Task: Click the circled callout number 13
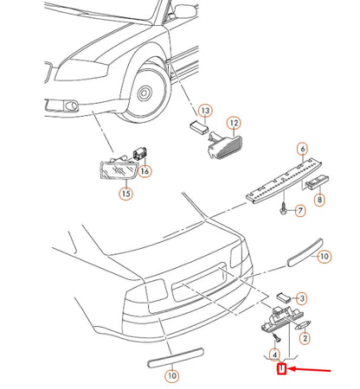(x=205, y=111)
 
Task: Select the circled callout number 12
(x=234, y=123)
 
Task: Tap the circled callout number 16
(x=145, y=171)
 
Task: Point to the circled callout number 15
(x=126, y=193)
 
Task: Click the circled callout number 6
(x=303, y=149)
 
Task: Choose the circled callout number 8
(x=319, y=200)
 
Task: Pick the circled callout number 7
(x=300, y=211)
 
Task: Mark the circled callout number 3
(x=302, y=298)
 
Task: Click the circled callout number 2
(x=305, y=338)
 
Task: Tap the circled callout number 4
(x=274, y=354)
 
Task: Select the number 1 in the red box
(x=281, y=368)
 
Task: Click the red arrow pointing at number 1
(x=309, y=369)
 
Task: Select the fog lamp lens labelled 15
(x=119, y=170)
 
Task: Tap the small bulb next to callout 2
(x=302, y=325)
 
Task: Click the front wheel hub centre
(x=144, y=93)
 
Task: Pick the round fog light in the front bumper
(x=71, y=105)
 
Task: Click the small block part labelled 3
(x=284, y=297)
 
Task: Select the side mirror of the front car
(x=185, y=11)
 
